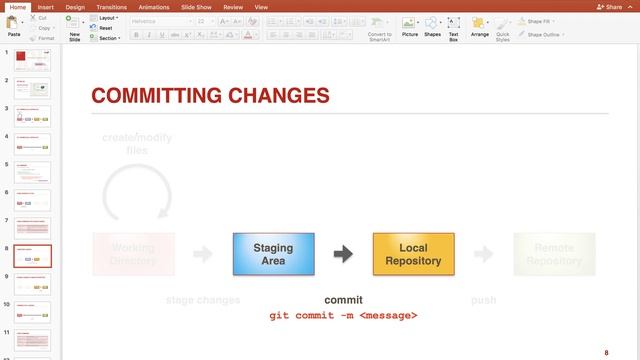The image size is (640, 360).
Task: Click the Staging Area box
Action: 273,254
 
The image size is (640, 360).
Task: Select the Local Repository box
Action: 413,254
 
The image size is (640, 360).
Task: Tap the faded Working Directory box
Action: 133,254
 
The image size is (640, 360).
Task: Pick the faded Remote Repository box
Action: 554,254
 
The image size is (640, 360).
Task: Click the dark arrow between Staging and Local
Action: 343,254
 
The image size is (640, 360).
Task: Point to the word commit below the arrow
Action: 343,300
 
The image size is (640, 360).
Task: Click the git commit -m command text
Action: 343,316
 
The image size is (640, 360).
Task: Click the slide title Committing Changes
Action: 210,96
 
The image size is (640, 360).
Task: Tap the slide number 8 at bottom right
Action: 606,352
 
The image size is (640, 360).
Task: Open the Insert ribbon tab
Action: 46,6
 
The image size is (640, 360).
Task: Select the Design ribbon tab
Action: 75,6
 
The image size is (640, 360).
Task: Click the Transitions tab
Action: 111,6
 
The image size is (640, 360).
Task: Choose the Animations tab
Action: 154,6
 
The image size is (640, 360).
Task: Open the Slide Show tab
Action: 197,6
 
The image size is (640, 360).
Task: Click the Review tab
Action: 233,6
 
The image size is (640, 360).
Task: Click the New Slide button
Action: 74,27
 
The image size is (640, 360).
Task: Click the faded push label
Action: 483,300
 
